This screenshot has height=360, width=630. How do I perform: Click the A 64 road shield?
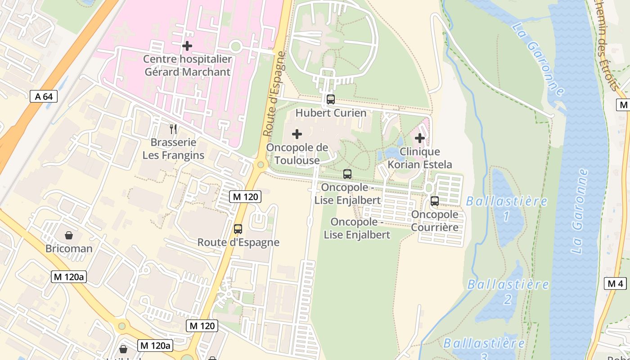tap(44, 96)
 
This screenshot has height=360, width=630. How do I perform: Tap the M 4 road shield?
tap(615, 283)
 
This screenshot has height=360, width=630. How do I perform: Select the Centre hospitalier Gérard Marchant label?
tap(187, 66)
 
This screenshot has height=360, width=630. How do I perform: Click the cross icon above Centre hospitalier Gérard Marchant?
tap(187, 46)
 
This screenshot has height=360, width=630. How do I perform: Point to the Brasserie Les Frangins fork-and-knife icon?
tap(173, 130)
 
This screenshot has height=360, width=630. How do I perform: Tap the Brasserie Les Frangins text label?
tap(173, 149)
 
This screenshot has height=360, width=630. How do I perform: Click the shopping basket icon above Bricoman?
tap(69, 235)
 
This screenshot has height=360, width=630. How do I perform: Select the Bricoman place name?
tap(69, 249)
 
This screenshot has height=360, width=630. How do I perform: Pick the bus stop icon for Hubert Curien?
tap(331, 99)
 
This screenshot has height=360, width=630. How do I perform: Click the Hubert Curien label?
tap(331, 113)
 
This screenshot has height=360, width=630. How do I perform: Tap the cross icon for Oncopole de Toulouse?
tap(297, 134)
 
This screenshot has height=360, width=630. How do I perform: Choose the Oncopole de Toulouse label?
tap(297, 154)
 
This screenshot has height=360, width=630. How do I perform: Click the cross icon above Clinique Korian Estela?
tap(420, 138)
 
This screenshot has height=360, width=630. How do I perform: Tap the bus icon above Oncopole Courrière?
tap(435, 201)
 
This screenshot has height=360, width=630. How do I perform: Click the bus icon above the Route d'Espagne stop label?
tap(238, 229)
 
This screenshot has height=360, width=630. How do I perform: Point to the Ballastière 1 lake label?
tap(507, 208)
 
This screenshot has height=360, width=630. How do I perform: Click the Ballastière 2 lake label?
tap(508, 292)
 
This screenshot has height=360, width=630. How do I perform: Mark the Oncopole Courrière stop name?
tap(435, 220)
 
